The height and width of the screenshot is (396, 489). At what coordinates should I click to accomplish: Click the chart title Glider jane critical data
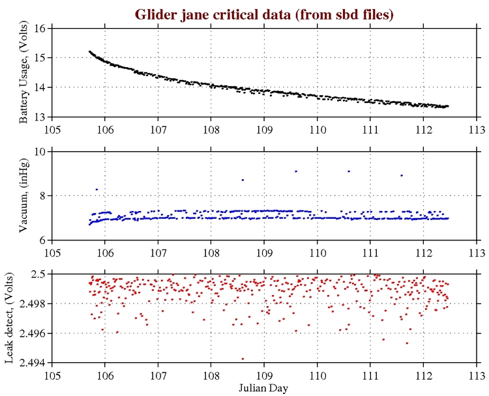point(264,14)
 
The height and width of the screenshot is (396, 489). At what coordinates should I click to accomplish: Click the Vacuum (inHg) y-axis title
point(24,196)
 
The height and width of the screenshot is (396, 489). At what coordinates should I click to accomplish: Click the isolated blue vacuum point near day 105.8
point(96,190)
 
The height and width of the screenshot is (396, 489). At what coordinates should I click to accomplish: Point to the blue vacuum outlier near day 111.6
point(402,175)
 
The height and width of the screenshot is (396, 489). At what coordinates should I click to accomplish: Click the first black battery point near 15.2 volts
point(90,51)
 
